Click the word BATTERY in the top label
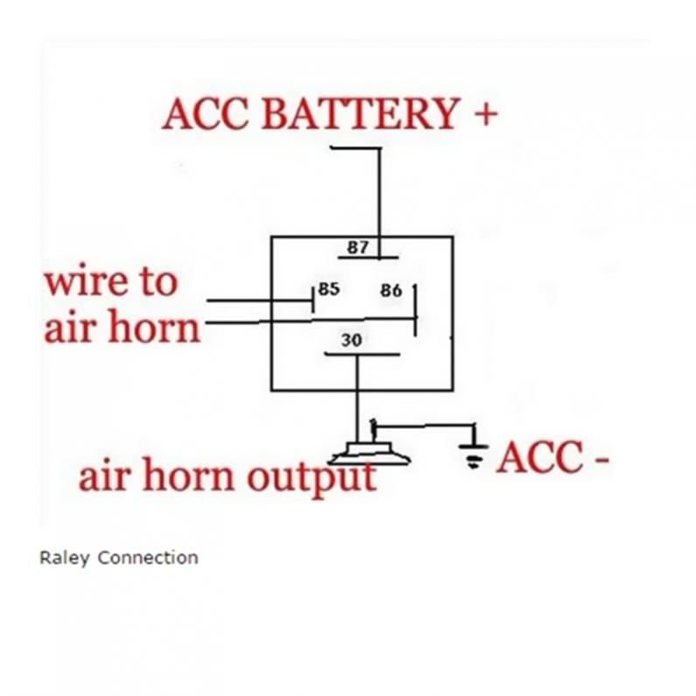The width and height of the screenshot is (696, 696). (x=360, y=115)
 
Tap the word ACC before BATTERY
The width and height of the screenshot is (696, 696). (x=206, y=115)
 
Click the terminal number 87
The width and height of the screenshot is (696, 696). (x=358, y=247)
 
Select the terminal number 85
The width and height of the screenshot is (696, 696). (x=328, y=289)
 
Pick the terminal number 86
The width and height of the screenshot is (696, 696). (x=390, y=290)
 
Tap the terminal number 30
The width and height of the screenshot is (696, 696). (x=351, y=340)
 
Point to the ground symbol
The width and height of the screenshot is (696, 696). (x=474, y=452)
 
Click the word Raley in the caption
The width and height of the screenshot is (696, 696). (x=64, y=558)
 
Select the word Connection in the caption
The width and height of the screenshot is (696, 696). (x=148, y=558)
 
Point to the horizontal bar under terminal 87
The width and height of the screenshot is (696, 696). (x=369, y=258)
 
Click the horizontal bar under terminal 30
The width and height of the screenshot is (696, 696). (x=362, y=355)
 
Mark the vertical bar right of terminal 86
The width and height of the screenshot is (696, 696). (x=416, y=310)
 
